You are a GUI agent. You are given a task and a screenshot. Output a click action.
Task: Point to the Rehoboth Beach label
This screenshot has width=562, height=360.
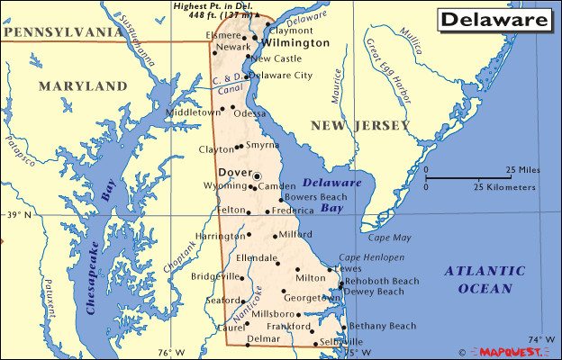(x=383, y=281)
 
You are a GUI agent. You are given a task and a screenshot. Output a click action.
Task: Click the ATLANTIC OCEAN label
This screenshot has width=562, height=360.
(x=486, y=279)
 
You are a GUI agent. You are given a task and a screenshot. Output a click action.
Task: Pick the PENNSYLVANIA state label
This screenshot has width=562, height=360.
(x=61, y=32)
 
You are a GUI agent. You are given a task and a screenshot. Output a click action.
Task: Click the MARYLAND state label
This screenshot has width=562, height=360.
(x=83, y=86)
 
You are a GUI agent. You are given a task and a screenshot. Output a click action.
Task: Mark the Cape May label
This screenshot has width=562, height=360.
(x=389, y=238)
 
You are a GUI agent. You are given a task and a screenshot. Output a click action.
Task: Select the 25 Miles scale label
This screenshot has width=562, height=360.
(x=522, y=170)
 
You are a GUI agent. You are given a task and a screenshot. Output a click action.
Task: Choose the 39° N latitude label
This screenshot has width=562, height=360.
(x=18, y=215)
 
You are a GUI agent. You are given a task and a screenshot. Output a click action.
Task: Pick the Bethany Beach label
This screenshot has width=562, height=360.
(x=383, y=326)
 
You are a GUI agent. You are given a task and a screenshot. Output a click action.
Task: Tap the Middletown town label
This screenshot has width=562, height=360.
(x=193, y=113)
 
